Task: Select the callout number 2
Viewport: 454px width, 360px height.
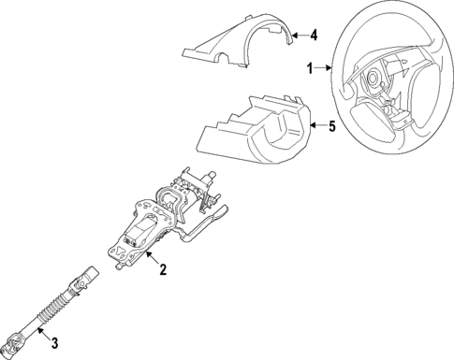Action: [162, 271]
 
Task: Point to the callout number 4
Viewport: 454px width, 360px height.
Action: [314, 36]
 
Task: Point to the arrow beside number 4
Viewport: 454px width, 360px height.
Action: [296, 36]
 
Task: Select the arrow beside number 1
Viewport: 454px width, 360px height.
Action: [328, 67]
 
